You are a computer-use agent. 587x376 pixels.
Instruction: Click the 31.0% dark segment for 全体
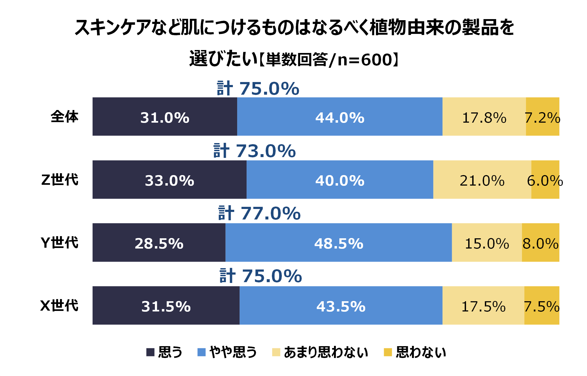[x=165, y=116]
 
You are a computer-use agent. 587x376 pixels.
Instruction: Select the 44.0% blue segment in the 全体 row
[x=340, y=116]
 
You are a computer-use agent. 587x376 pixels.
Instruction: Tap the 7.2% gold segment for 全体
[x=542, y=116]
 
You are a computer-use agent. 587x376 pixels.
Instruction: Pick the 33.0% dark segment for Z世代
[x=169, y=179]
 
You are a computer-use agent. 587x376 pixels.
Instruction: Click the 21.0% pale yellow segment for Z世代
[x=482, y=179]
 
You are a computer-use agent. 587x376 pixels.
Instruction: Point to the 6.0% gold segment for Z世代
[x=545, y=179]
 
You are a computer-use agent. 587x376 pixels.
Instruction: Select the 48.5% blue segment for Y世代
[x=338, y=242]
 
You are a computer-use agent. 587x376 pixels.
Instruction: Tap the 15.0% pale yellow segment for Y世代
[x=487, y=242]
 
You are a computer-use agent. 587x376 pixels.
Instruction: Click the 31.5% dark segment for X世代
[x=166, y=305]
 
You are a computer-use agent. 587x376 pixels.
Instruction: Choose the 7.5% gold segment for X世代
[x=542, y=305]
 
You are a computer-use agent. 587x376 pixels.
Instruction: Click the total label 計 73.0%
[x=254, y=151]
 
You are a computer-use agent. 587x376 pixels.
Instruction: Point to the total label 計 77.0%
[x=259, y=213]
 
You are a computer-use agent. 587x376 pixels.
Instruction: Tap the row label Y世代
[x=59, y=243]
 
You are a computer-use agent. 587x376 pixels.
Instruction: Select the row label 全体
[x=65, y=117]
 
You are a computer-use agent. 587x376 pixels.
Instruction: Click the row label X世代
[x=59, y=306]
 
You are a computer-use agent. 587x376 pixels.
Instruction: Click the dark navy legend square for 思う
[x=150, y=352]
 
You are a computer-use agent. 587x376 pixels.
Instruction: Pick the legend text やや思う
[x=233, y=352]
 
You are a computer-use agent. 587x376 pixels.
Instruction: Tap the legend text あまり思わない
[x=326, y=352]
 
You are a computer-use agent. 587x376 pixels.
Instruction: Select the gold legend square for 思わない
[x=388, y=352]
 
